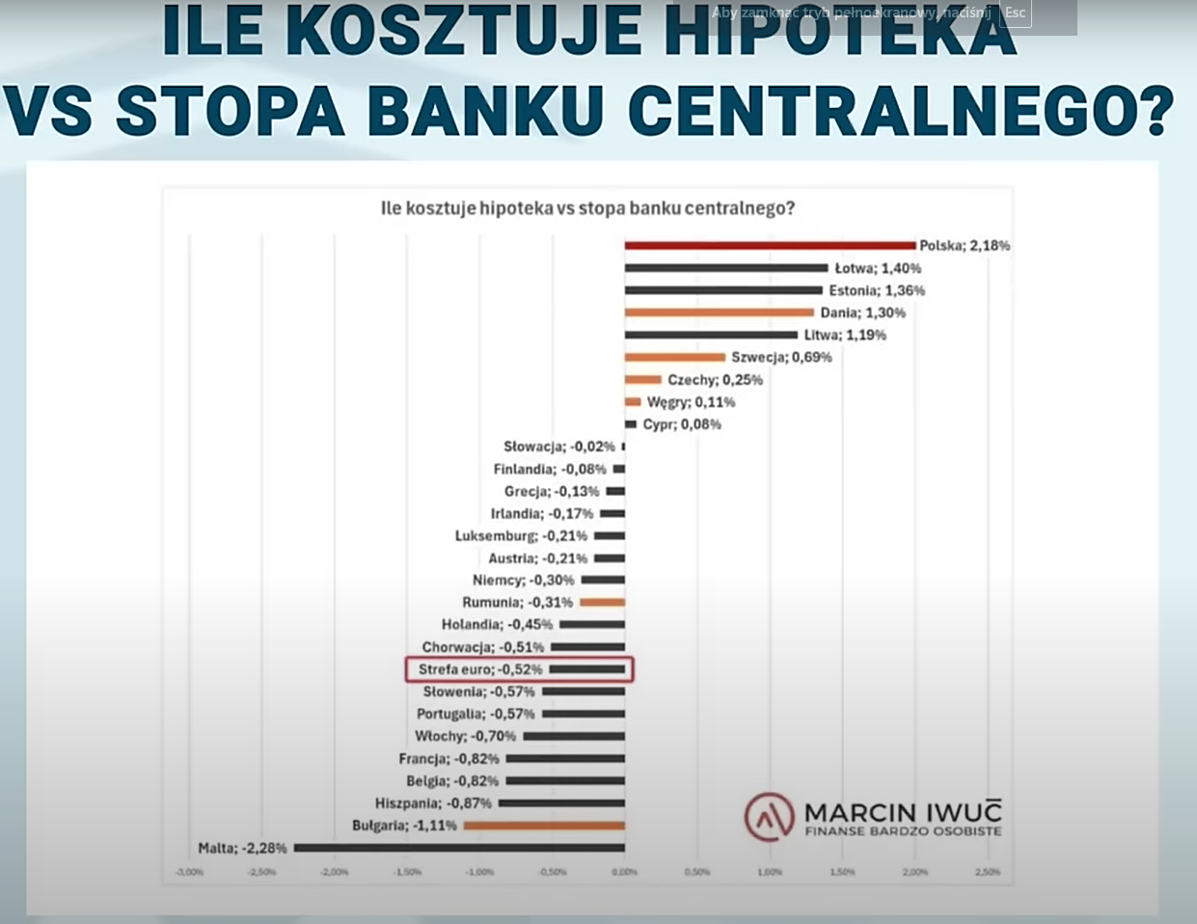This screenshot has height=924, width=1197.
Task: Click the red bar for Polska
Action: (770, 246)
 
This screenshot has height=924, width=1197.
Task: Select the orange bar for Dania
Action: (720, 313)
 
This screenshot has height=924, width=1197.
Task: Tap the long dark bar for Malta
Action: (459, 848)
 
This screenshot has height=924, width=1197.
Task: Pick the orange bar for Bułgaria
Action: (544, 826)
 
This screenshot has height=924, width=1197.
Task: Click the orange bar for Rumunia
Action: (602, 603)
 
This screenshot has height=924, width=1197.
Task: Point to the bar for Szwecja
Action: (674, 357)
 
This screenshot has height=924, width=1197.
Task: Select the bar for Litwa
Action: (711, 335)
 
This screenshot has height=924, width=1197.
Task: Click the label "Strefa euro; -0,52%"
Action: (480, 669)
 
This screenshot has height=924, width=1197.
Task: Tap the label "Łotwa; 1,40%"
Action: (878, 268)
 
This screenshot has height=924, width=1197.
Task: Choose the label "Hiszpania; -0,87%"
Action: (433, 803)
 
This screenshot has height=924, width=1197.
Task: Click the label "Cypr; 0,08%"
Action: (682, 424)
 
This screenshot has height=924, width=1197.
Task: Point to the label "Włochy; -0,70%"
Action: (465, 737)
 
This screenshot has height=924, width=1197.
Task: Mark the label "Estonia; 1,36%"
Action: (877, 290)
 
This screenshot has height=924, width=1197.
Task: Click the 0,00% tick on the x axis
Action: (624, 872)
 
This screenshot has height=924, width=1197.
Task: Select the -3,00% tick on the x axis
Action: (189, 872)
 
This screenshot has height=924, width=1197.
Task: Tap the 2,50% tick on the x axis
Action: (987, 872)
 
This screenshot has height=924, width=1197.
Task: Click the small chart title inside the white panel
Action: (587, 208)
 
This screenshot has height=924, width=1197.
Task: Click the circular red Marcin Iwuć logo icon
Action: (769, 817)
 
